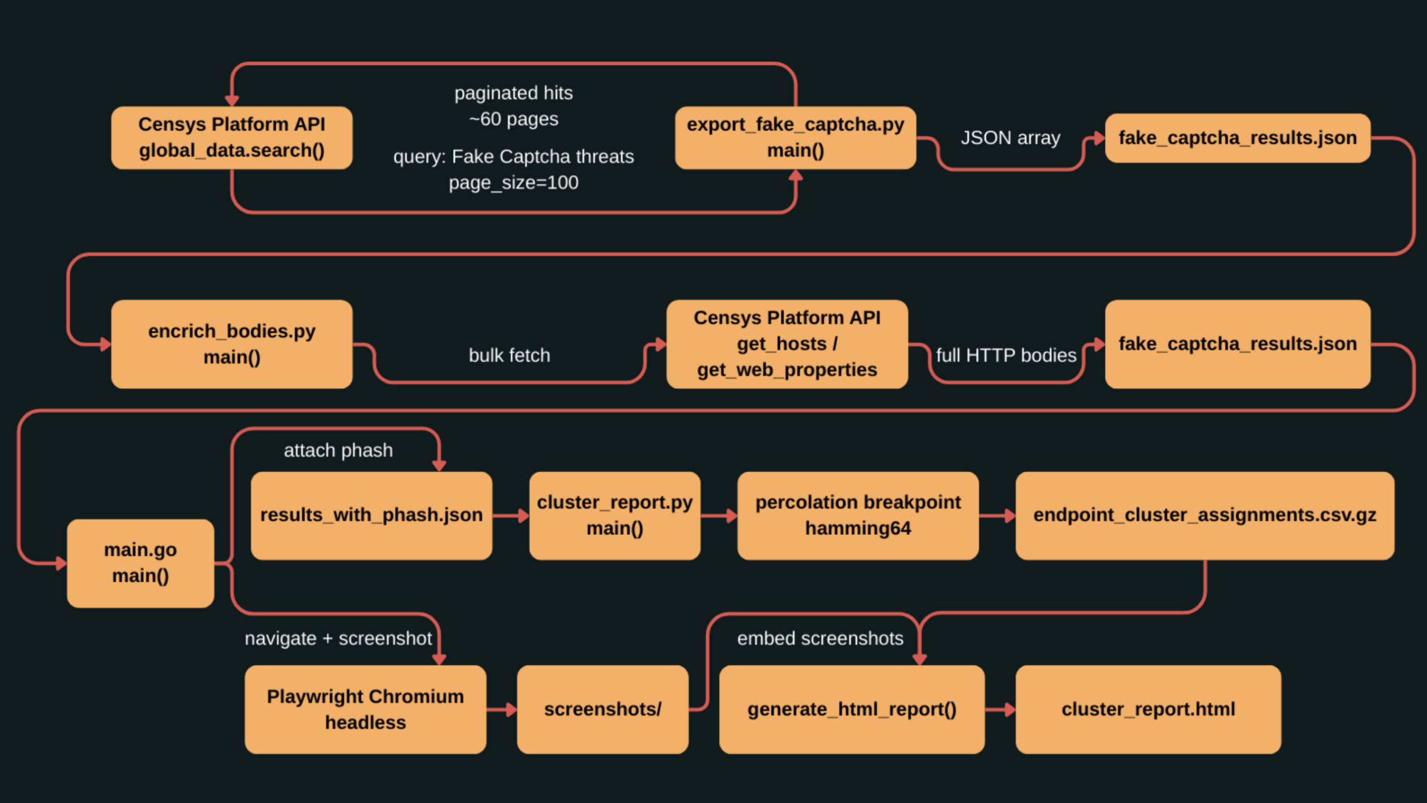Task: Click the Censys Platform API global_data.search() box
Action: click(x=231, y=138)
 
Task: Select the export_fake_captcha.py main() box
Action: click(x=795, y=138)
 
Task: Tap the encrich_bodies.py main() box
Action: click(x=231, y=344)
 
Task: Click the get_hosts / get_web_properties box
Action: click(x=787, y=344)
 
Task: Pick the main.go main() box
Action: click(x=140, y=563)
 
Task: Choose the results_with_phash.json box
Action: click(x=371, y=515)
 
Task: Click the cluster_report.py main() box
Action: click(x=614, y=515)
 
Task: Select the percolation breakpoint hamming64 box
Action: click(x=857, y=515)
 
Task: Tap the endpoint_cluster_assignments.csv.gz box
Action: click(x=1204, y=515)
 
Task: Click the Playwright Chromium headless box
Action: click(x=365, y=709)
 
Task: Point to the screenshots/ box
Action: click(x=602, y=709)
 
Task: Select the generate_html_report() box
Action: click(x=851, y=709)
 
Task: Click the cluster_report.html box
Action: click(x=1148, y=709)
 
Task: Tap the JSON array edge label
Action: click(x=1010, y=138)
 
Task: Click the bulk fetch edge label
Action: click(x=509, y=355)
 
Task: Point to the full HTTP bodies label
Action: click(x=1006, y=355)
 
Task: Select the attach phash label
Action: click(x=338, y=450)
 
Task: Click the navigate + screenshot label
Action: click(x=338, y=638)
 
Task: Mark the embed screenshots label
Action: click(x=820, y=638)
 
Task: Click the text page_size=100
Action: click(x=513, y=182)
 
